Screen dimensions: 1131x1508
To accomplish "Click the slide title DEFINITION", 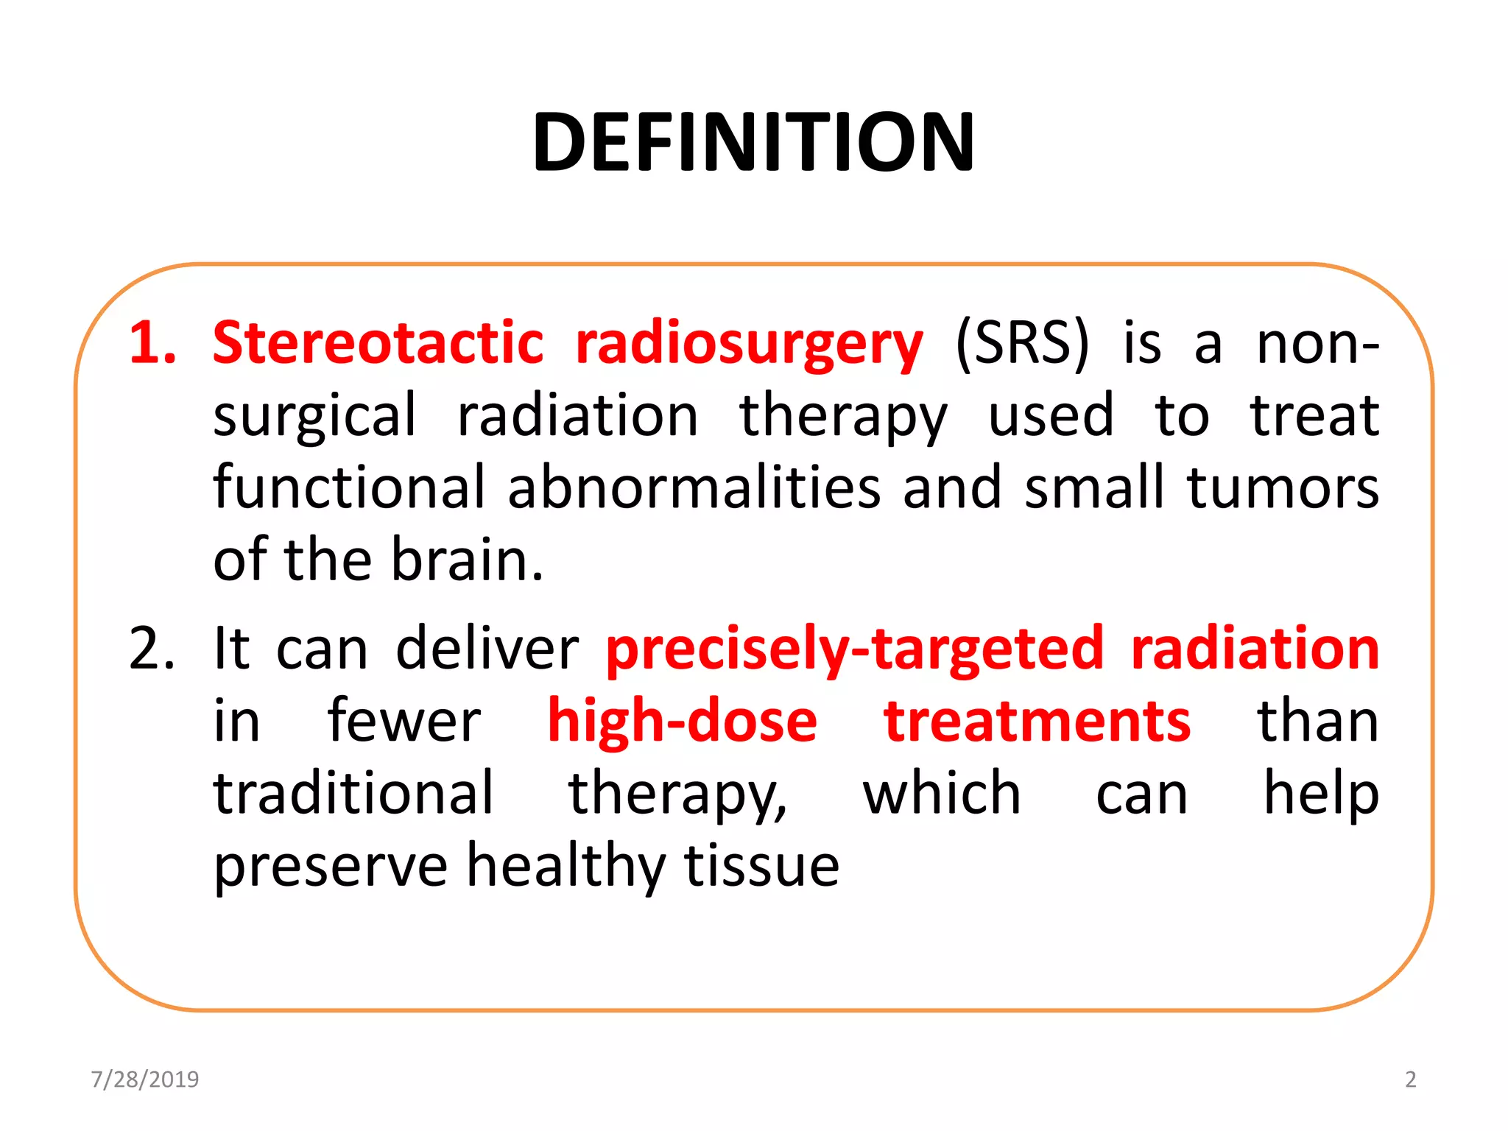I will (753, 142).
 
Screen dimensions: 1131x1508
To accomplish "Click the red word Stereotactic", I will (378, 343).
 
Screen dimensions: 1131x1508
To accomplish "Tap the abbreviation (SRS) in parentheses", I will (1022, 343).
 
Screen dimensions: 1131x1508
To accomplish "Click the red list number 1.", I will (152, 343).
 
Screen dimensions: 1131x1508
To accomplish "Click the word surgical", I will (314, 416).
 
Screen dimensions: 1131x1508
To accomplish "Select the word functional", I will (349, 487).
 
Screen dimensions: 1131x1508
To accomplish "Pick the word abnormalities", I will (694, 487).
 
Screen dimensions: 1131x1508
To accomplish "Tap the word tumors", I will (1283, 487).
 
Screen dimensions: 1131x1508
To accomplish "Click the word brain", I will (467, 560).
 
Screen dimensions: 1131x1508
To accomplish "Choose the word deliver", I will (487, 649).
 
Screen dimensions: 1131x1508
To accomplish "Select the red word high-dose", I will (682, 721).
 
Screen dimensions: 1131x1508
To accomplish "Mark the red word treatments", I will (1037, 721).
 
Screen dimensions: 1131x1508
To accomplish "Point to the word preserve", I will (331, 866).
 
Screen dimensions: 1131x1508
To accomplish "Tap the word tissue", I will (761, 865).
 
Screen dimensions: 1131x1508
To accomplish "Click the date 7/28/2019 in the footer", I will (145, 1079).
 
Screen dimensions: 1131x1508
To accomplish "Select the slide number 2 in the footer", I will (1410, 1079).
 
